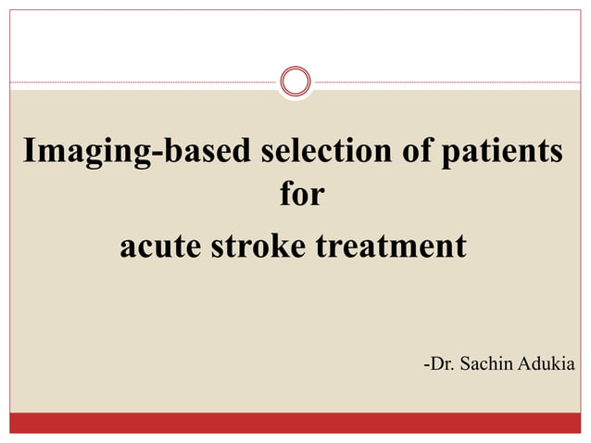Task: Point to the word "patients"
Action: [x=499, y=151]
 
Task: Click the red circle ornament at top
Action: [x=295, y=82]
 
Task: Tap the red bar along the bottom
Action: [x=295, y=423]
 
